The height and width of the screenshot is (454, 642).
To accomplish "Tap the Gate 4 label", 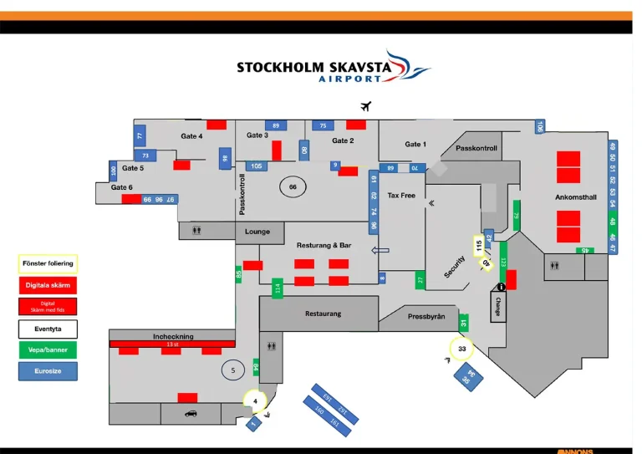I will pos(191,136).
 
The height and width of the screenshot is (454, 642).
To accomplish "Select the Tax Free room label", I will pos(401,196).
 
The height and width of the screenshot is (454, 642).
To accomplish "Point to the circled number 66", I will pos(293,187).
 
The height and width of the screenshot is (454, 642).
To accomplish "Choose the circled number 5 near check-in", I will pos(233,370).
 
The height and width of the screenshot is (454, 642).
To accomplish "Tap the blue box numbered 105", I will pos(257,166).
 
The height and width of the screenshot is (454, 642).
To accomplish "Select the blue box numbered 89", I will pos(276,125).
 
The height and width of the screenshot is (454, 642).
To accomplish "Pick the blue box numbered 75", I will pos(323,125).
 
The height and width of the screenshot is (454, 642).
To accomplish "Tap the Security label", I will pos(455,267).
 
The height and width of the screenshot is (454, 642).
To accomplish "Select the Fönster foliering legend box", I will pos(48,263).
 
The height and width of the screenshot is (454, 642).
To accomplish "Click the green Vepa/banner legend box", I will pos(48,350).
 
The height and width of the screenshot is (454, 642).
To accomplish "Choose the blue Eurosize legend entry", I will pos(48,371).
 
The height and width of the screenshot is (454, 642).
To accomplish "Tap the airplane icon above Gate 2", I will pos(365,106).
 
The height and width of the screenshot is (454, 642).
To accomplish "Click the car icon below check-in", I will pos(190,413).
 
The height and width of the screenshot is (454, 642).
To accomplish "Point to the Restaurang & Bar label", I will pos(324,246).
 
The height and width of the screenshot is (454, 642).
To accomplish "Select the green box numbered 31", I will pos(464,323).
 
